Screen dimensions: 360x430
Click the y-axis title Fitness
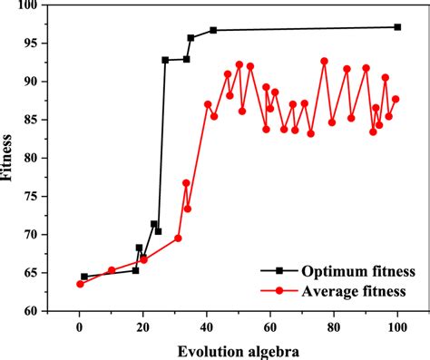coord(10,158)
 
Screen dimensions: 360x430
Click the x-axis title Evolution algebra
coord(239,349)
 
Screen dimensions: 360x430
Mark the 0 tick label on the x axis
coord(80,327)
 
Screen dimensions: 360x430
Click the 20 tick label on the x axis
coord(143,327)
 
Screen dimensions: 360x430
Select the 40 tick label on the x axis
coord(207,327)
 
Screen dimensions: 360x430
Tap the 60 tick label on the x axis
coord(270,327)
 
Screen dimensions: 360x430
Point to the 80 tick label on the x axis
coord(334,327)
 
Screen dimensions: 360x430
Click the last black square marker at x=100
coord(397,27)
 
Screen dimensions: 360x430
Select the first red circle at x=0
coord(80,284)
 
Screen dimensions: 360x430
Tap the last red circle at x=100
coord(396,99)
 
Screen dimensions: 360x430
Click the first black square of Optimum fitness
coord(84,277)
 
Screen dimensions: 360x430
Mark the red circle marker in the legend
coord(279,290)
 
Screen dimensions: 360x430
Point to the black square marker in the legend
coord(279,270)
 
